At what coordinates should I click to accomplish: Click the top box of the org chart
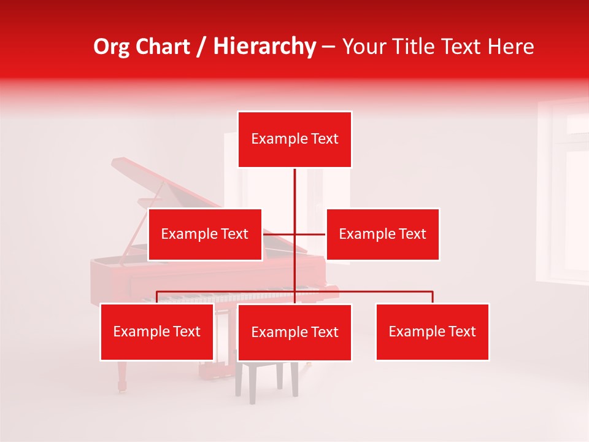tap(294, 139)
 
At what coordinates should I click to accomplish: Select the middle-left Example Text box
tap(205, 234)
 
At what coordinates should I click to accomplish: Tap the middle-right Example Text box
tap(382, 234)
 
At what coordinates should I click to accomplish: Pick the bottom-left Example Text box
tap(157, 331)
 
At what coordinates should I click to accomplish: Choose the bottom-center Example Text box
tap(294, 332)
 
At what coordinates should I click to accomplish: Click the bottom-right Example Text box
tap(432, 331)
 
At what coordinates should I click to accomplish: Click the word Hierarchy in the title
tap(264, 47)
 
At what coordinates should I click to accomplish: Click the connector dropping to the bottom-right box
tap(433, 297)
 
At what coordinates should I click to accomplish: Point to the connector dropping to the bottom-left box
tap(157, 297)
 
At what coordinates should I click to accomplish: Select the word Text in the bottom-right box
tap(462, 331)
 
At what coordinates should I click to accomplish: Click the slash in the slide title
tap(201, 47)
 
